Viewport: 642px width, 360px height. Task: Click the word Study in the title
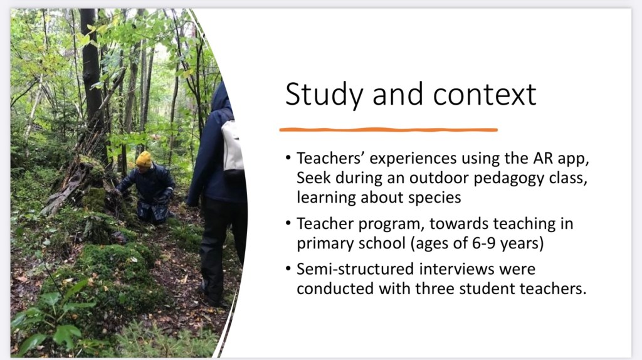[324, 95]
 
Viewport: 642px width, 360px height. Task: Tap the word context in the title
[485, 95]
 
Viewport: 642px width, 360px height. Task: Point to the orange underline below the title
[388, 130]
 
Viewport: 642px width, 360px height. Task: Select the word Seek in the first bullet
[313, 177]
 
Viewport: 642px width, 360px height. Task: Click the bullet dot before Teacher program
[288, 224]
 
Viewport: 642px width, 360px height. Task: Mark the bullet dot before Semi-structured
[288, 269]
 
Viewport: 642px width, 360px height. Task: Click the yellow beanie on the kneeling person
[144, 159]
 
